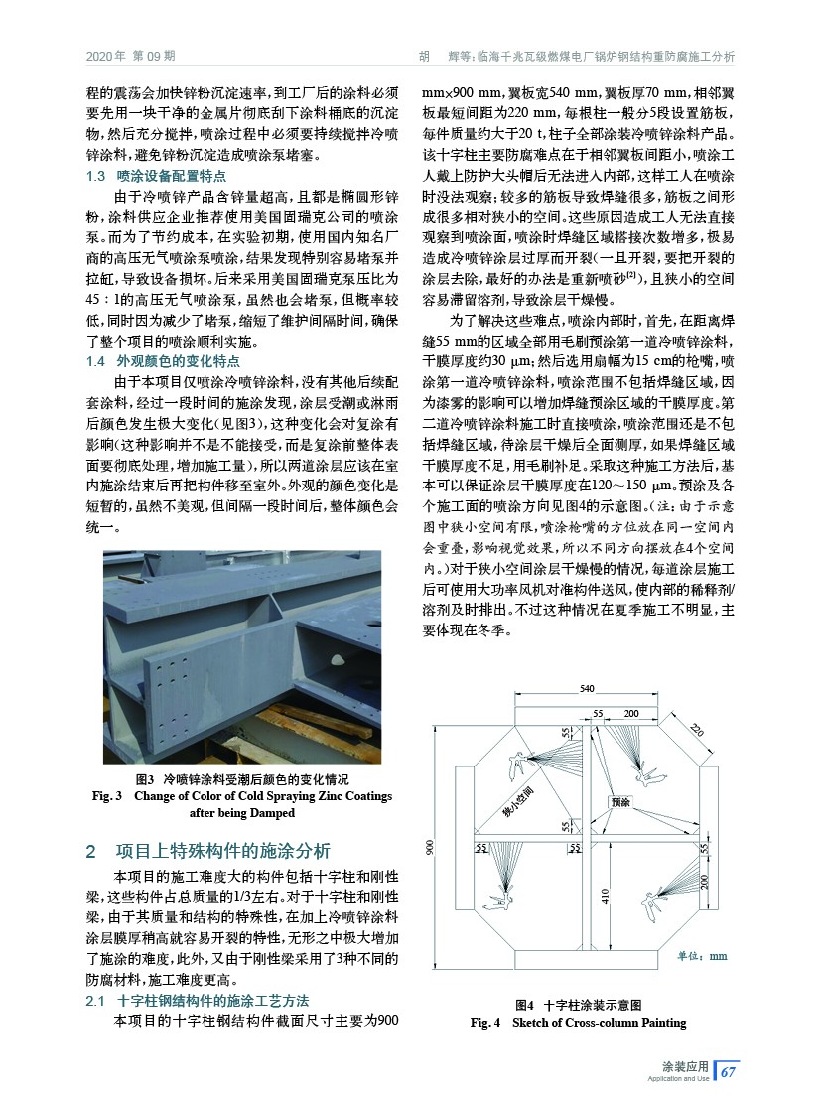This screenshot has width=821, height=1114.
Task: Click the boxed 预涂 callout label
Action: [x=621, y=801]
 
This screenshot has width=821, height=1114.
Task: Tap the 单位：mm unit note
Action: [x=702, y=956]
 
